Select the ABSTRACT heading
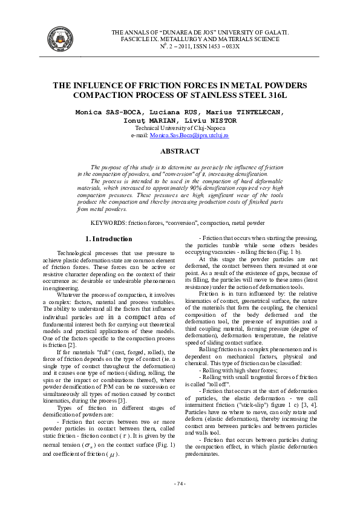180,151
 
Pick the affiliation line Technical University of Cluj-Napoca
180,128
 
